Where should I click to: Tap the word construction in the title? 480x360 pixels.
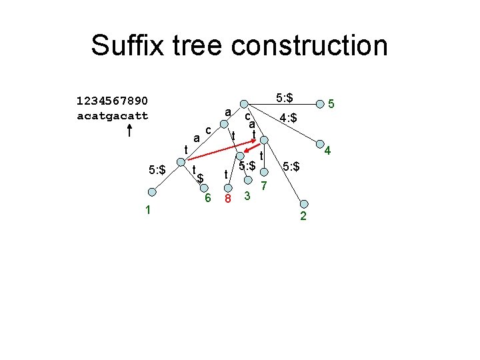pos(310,46)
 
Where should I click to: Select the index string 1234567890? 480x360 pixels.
pos(112,101)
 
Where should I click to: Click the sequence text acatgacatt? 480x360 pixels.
pos(112,115)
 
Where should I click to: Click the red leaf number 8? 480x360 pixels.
pos(228,199)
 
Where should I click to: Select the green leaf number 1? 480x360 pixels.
pos(148,210)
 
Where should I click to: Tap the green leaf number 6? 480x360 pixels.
pos(207,198)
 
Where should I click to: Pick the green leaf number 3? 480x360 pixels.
pos(247,196)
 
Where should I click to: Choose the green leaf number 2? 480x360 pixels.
pos(303,217)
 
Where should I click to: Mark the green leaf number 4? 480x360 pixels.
pos(327,152)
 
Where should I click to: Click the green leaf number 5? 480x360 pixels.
pos(331,104)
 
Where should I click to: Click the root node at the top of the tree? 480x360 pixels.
pos(246,104)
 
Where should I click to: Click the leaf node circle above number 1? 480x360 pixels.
pos(152,193)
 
